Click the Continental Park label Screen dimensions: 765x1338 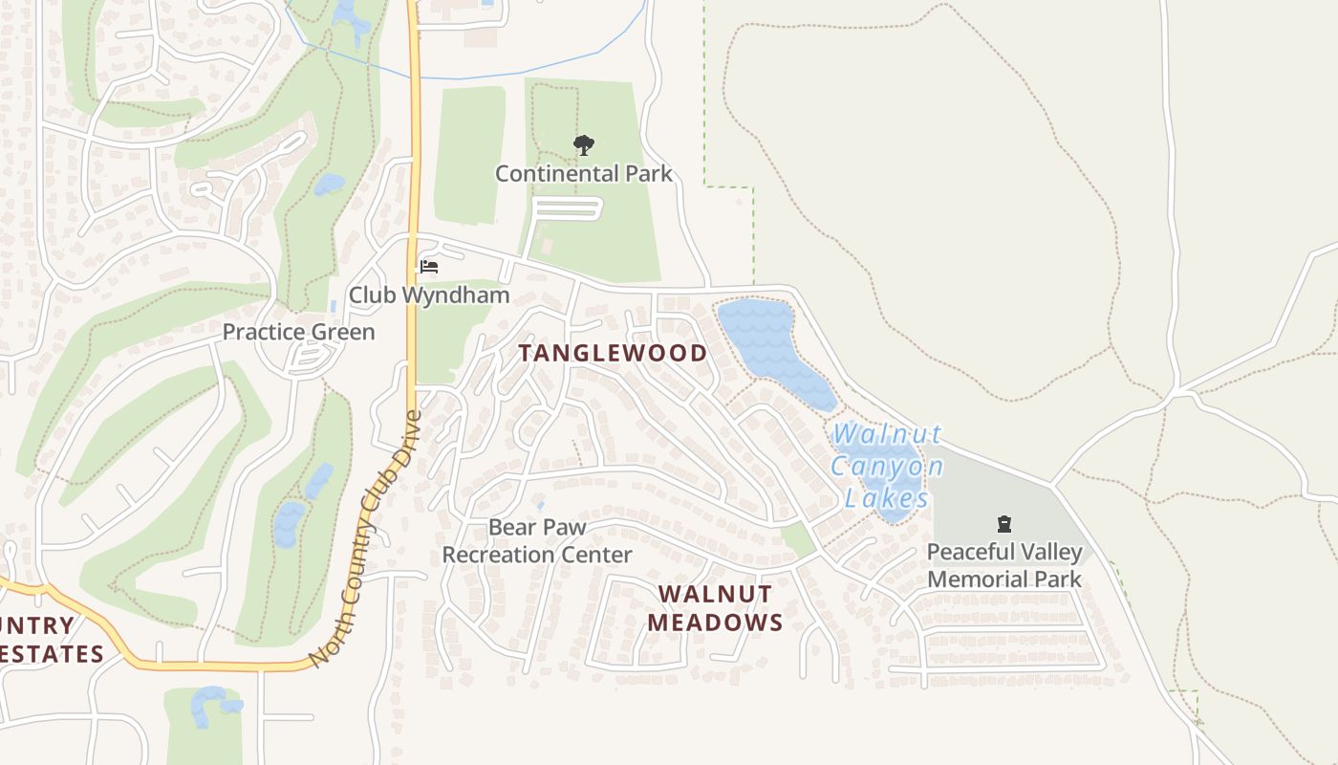click(x=583, y=173)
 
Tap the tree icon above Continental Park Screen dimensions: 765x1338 click(x=583, y=145)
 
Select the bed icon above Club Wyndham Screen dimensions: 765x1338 click(x=429, y=266)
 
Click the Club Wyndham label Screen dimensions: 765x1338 click(x=428, y=295)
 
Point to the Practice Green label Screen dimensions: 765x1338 click(x=298, y=332)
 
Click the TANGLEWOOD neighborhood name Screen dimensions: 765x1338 click(x=613, y=353)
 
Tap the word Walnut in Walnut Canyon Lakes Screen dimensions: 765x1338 click(x=886, y=434)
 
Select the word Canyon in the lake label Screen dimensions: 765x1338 click(x=886, y=467)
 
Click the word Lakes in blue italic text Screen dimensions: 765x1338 click(x=886, y=498)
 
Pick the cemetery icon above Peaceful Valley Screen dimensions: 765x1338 click(x=1004, y=524)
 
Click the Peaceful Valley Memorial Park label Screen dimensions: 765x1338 click(x=1004, y=565)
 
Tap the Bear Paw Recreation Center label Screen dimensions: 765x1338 click(x=536, y=540)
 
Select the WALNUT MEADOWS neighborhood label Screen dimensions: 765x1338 click(x=715, y=608)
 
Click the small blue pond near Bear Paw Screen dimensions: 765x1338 click(x=540, y=504)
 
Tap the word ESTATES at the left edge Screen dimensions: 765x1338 click(x=52, y=654)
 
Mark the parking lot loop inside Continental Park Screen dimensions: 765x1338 click(x=566, y=208)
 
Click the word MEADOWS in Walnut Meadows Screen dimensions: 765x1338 click(x=715, y=623)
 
